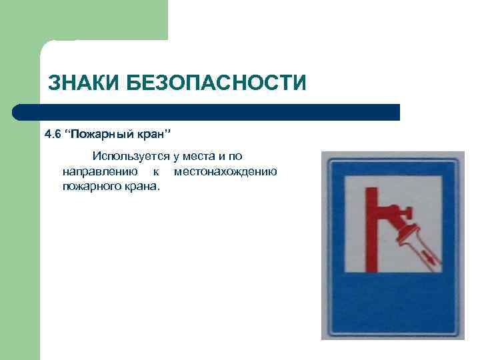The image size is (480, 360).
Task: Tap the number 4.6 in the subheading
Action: click(x=52, y=135)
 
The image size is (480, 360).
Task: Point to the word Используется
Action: click(x=131, y=157)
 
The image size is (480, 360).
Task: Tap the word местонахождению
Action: click(x=225, y=171)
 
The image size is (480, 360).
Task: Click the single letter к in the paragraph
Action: click(x=155, y=171)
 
